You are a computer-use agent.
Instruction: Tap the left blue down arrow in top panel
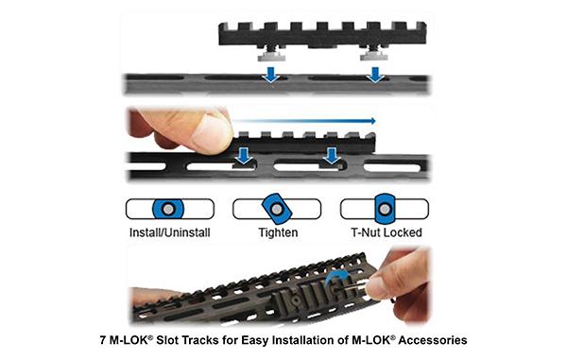(270, 73)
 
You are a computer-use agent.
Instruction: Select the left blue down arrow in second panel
(244, 155)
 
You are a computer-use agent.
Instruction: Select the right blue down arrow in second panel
(332, 155)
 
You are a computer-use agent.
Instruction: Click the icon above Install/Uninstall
(169, 209)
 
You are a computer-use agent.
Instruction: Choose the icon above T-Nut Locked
(384, 209)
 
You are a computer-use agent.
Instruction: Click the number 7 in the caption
(102, 338)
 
